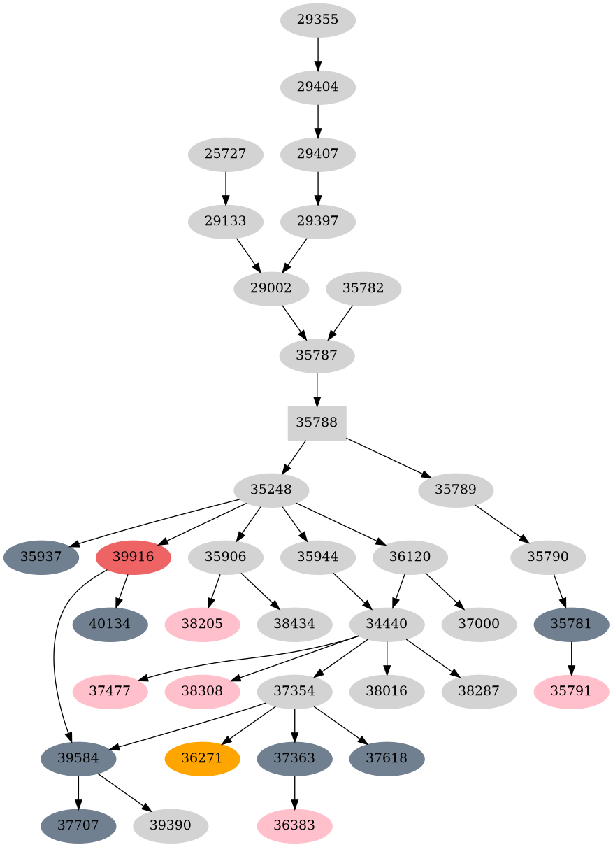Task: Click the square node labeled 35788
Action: point(317,422)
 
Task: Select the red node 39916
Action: point(133,557)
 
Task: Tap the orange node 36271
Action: point(202,758)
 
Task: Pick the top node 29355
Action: point(318,20)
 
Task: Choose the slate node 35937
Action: point(41,557)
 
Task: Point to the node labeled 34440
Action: point(387,624)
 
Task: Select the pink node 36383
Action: point(294,825)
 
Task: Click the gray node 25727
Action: point(225,154)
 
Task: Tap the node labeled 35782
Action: point(363,288)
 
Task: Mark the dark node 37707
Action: point(78,825)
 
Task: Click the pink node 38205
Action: point(202,624)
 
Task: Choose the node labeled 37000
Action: point(479,624)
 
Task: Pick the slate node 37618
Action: point(387,758)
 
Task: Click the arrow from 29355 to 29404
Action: point(318,53)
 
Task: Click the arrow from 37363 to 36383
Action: point(294,792)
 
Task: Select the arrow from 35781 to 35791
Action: point(571,658)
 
